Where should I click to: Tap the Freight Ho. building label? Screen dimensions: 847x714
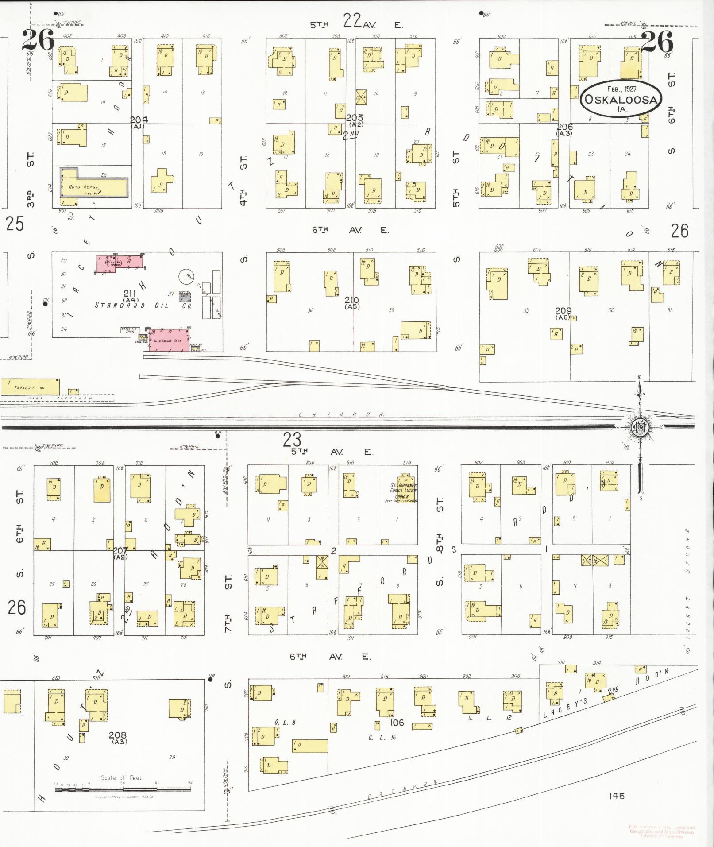click(x=24, y=388)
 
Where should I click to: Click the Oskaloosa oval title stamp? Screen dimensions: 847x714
click(x=621, y=99)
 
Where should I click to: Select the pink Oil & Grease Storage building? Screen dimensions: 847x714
click(x=168, y=340)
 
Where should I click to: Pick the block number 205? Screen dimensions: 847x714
click(x=355, y=118)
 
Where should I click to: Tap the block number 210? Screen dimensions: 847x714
click(x=352, y=300)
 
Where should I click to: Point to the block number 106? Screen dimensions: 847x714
click(x=397, y=723)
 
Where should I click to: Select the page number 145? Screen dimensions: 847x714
click(x=616, y=796)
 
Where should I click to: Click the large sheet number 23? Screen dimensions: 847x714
click(x=292, y=440)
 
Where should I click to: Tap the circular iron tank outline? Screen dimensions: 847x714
click(x=187, y=277)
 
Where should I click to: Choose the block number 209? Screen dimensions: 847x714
click(x=563, y=311)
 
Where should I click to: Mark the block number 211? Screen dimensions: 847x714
click(x=130, y=293)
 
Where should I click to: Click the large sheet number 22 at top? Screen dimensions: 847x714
click(x=352, y=20)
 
